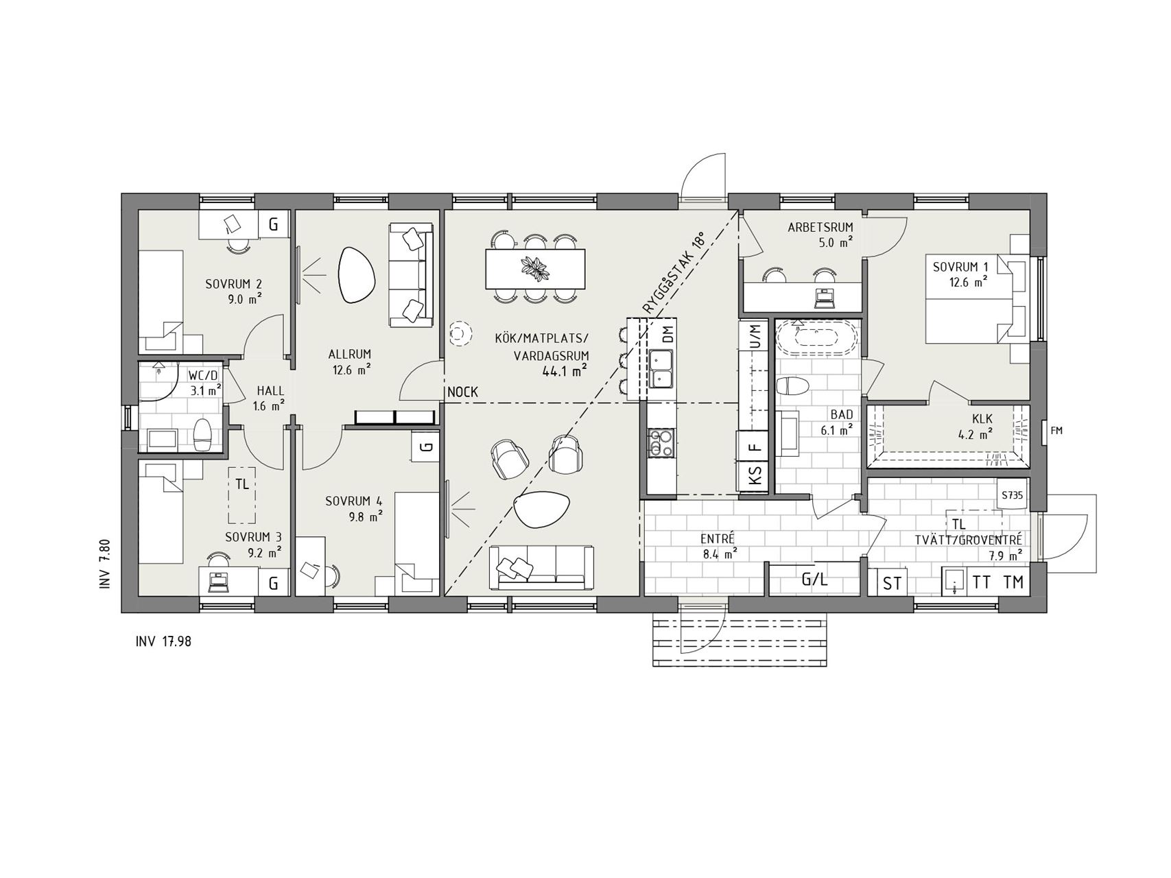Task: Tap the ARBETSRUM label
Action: pyautogui.click(x=820, y=227)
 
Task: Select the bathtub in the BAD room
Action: pyautogui.click(x=816, y=337)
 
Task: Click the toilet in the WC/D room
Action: pyautogui.click(x=202, y=433)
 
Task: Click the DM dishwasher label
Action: pyautogui.click(x=667, y=335)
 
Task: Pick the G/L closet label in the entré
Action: pyautogui.click(x=814, y=580)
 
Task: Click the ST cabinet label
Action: pyautogui.click(x=892, y=584)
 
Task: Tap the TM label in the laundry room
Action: pyautogui.click(x=1013, y=582)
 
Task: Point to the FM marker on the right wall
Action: pyautogui.click(x=1056, y=431)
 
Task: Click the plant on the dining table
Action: pyautogui.click(x=534, y=268)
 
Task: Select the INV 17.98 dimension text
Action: pyautogui.click(x=164, y=642)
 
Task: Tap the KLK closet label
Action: pyautogui.click(x=982, y=419)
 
